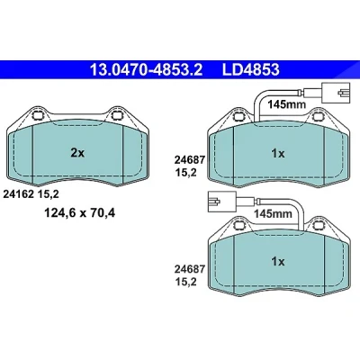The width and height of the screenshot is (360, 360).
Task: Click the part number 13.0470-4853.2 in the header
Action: click(x=147, y=69)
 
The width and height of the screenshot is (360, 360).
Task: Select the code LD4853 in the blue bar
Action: click(x=250, y=69)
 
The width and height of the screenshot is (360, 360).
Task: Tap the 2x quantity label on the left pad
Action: click(x=77, y=153)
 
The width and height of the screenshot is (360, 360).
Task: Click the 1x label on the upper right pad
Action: click(x=278, y=154)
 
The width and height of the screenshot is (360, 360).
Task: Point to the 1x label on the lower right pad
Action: click(x=278, y=262)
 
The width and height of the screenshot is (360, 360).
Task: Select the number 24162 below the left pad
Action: click(x=18, y=194)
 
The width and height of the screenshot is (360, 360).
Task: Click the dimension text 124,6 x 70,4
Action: click(x=80, y=213)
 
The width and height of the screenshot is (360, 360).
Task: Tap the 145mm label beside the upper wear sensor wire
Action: click(x=286, y=104)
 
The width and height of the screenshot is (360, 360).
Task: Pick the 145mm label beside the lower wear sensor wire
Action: click(x=273, y=214)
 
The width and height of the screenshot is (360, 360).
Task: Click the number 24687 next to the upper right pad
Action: click(x=190, y=160)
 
